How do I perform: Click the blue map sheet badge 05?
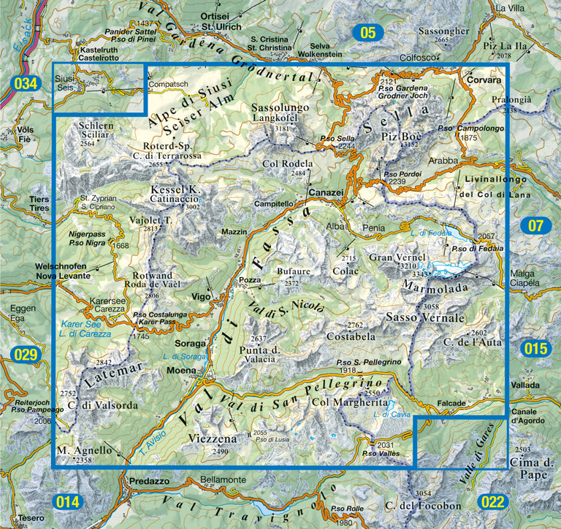(367, 32)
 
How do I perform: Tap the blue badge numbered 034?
(24, 84)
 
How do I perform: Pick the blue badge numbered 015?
(535, 349)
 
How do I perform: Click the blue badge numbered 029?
(24, 355)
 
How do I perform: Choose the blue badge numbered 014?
(67, 502)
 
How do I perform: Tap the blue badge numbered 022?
(493, 502)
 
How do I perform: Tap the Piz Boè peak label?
(397, 136)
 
